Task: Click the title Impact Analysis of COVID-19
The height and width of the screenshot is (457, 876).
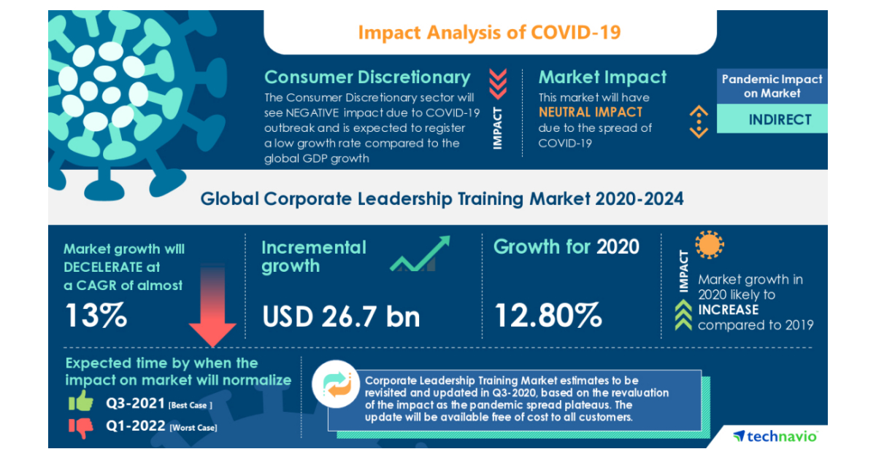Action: [x=490, y=33]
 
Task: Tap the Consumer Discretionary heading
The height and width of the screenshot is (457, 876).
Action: [x=367, y=77]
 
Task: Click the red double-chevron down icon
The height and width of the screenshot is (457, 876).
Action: [x=497, y=83]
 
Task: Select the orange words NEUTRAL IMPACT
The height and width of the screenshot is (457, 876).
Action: [x=591, y=112]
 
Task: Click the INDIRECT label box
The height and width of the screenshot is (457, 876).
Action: [x=772, y=120]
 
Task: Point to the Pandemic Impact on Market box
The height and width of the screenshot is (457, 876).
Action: [x=772, y=86]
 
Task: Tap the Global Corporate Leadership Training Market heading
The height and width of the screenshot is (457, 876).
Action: [x=442, y=198]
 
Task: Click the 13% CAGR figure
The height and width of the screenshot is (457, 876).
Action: [x=96, y=316]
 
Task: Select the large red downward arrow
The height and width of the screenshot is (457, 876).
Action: [x=212, y=306]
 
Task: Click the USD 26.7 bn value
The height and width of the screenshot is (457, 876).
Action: [x=341, y=316]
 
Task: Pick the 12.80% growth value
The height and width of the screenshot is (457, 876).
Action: [x=548, y=316]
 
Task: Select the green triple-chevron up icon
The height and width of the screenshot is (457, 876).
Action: [x=683, y=317]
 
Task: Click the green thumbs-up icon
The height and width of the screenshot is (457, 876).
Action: [x=81, y=402]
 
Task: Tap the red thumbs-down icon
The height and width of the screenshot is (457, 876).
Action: [x=82, y=428]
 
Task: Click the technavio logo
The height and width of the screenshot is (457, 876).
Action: [x=775, y=436]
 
